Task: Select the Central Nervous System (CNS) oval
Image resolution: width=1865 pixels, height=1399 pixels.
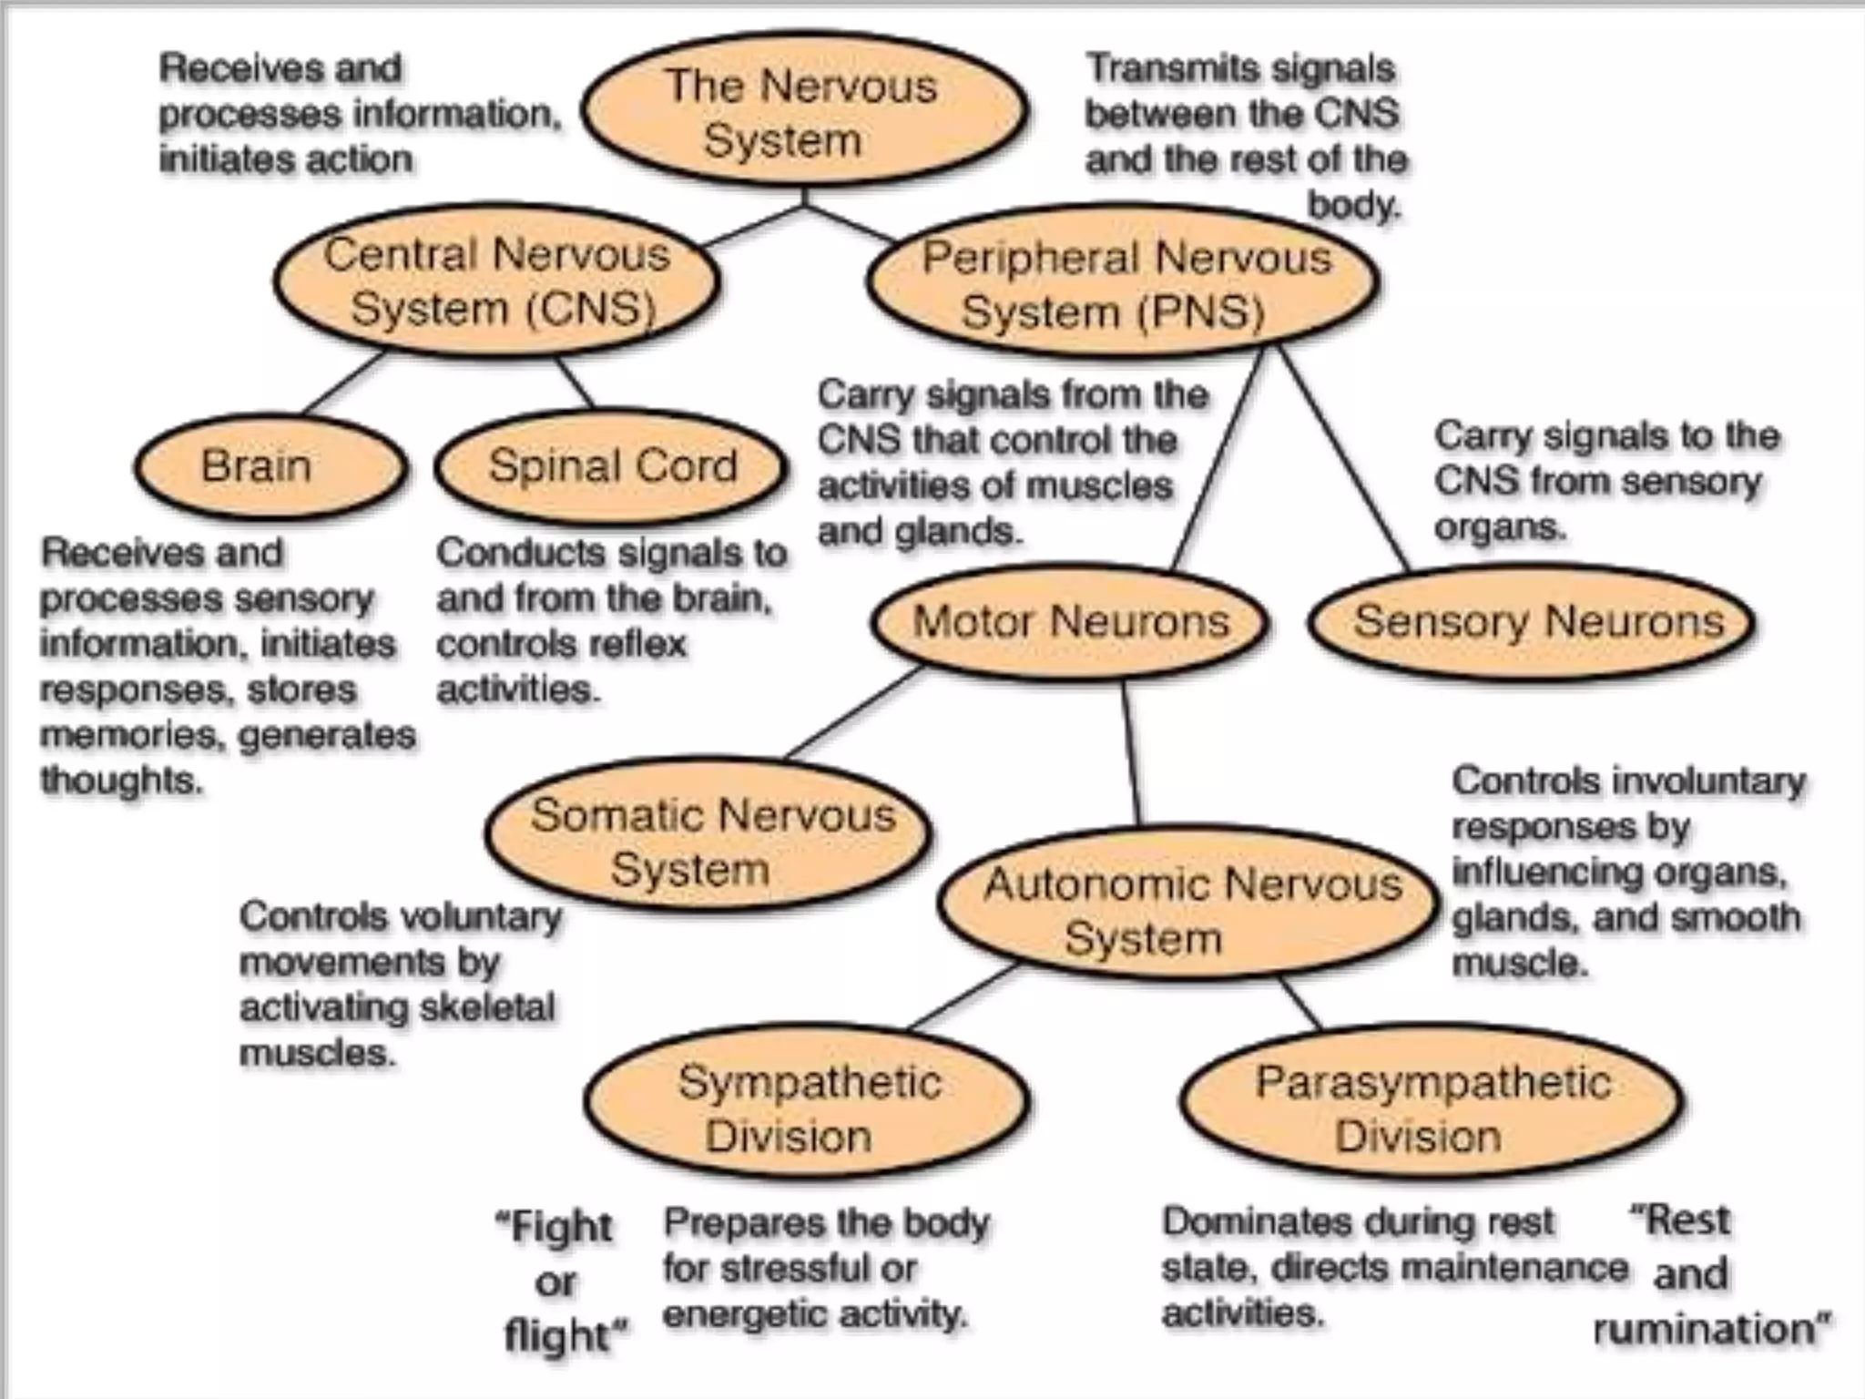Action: click(x=497, y=281)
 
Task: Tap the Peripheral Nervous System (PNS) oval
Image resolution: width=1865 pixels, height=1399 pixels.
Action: click(x=1122, y=284)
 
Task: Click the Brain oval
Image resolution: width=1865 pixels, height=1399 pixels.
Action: click(x=270, y=466)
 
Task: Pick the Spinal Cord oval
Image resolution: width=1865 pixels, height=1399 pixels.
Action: click(x=610, y=466)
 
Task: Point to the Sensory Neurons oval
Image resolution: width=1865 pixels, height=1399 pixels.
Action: click(x=1534, y=622)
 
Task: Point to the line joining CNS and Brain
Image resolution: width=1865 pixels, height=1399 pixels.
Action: click(x=344, y=383)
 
